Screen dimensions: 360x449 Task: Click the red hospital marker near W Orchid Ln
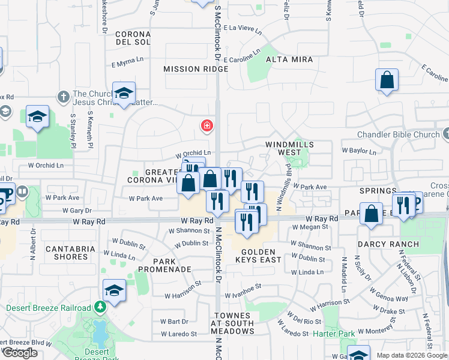206,125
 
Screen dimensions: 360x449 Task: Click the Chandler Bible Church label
398,134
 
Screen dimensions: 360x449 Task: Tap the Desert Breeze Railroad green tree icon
100,308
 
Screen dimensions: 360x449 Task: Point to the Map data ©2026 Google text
411,355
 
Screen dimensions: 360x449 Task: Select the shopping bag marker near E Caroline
387,80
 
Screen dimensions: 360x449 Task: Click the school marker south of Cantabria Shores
114,290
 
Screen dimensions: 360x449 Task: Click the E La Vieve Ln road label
243,28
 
